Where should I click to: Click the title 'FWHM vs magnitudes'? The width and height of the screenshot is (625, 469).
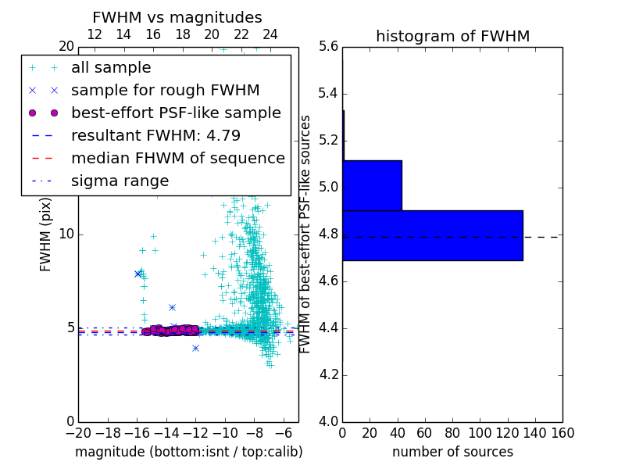click(177, 18)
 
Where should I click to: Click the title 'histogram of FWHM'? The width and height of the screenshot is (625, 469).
click(452, 36)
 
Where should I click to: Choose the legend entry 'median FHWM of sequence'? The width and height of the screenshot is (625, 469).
click(177, 159)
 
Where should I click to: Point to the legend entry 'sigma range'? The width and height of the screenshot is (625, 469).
click(120, 181)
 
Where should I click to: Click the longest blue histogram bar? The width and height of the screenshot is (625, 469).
click(432, 235)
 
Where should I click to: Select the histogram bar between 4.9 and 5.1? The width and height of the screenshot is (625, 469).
click(372, 185)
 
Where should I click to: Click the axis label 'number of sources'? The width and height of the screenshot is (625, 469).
click(452, 452)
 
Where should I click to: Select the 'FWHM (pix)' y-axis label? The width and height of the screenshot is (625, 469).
click(46, 234)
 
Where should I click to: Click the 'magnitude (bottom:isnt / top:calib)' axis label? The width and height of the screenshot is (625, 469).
click(188, 452)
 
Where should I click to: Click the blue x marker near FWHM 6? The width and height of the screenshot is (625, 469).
click(172, 307)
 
